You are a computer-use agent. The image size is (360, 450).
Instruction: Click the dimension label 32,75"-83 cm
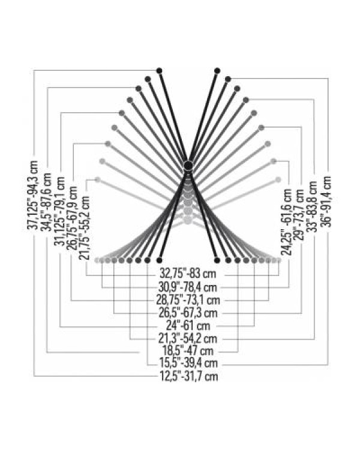tap(188, 274)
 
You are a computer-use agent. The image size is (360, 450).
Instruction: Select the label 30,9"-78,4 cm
tap(188, 287)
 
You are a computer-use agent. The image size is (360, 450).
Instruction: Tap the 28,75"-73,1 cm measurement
tap(188, 300)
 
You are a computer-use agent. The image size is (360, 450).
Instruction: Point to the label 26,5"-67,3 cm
tap(188, 313)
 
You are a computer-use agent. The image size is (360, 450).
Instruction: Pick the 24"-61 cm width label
tap(188, 326)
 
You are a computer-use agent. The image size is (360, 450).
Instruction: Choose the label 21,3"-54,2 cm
tap(188, 339)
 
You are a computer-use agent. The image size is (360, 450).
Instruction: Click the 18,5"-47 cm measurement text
tap(188, 351)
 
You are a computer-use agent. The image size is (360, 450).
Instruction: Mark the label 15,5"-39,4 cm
tap(188, 364)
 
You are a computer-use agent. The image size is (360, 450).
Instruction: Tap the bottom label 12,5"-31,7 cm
tap(188, 376)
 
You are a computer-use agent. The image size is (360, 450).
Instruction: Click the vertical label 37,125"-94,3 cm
tap(33, 195)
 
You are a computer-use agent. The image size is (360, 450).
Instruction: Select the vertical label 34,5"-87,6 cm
tap(46, 202)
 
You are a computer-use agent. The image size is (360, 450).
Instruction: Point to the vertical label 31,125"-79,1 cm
tap(60, 212)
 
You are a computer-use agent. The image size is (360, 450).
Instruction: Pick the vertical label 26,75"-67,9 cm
tap(72, 218)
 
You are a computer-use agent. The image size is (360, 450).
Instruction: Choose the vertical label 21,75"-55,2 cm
tap(85, 228)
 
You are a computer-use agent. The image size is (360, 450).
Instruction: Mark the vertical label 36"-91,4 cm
tap(326, 202)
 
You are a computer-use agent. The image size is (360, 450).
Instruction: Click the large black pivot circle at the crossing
tap(188, 166)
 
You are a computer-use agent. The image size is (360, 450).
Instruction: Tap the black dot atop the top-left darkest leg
tap(160, 71)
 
